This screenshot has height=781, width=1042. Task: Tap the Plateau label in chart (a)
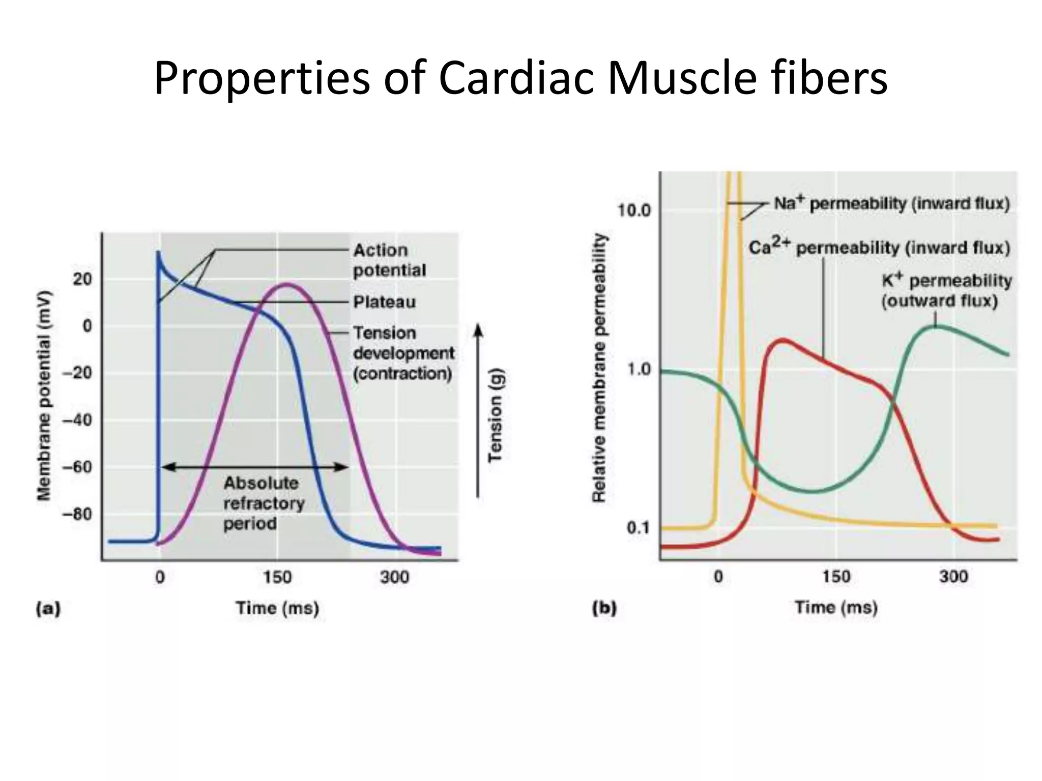click(x=384, y=302)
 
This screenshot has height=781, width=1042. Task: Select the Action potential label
click(x=389, y=260)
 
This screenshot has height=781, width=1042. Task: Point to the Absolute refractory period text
click(x=264, y=503)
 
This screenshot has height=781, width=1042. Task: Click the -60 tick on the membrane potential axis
click(x=77, y=467)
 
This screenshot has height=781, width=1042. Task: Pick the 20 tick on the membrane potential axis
click(x=82, y=279)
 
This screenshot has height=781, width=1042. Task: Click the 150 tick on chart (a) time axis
click(x=277, y=577)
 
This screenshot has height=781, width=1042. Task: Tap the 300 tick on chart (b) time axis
click(x=953, y=577)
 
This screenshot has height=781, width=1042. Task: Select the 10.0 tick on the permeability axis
click(x=634, y=210)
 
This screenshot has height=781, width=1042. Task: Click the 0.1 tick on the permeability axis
click(x=639, y=528)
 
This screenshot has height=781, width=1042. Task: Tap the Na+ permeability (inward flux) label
click(x=891, y=203)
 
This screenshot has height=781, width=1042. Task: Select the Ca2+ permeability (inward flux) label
click(x=879, y=248)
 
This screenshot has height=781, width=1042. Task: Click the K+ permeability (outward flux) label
click(x=946, y=291)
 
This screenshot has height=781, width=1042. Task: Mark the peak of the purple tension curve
click(x=287, y=285)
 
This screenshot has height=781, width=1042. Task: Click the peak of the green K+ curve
click(x=937, y=326)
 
